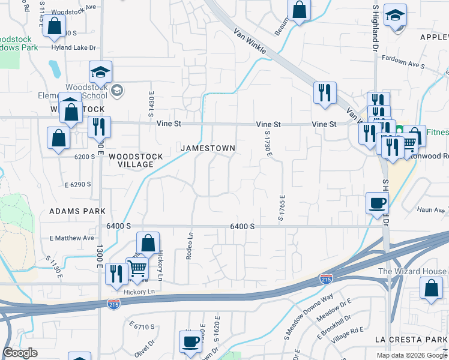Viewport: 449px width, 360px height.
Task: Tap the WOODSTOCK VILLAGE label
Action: click(x=136, y=160)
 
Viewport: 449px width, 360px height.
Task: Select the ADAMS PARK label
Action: click(x=77, y=211)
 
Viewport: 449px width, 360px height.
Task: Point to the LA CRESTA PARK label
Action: click(x=411, y=339)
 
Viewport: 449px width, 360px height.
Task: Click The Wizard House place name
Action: click(x=412, y=271)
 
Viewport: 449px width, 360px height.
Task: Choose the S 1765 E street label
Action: click(x=280, y=207)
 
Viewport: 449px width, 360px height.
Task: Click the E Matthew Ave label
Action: click(x=73, y=238)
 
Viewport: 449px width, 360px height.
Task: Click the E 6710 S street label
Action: click(x=142, y=326)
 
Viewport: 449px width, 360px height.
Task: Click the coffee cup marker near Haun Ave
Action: click(x=377, y=203)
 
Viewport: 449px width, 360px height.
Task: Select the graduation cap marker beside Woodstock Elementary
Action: click(x=101, y=72)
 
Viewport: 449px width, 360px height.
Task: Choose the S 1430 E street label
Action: click(x=152, y=104)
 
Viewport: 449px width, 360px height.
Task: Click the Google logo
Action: click(x=20, y=353)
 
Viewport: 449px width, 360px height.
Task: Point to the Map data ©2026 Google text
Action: click(x=411, y=355)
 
